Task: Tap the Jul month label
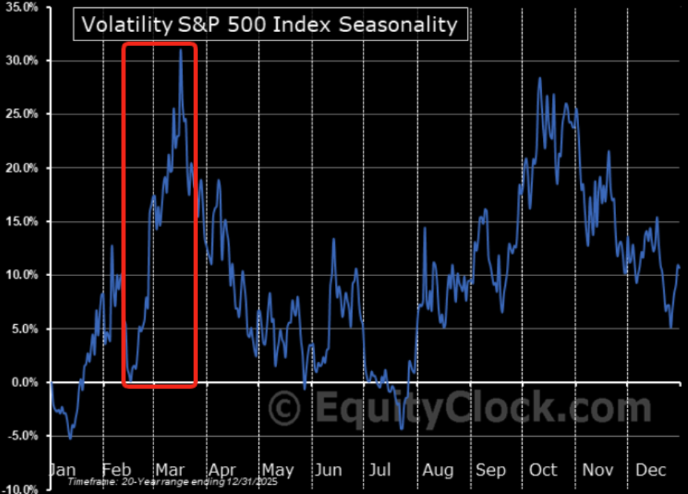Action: pos(380,470)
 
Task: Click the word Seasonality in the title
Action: pos(397,25)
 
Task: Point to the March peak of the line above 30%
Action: pos(181,50)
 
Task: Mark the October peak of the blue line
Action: pos(539,78)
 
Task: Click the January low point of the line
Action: pos(70,439)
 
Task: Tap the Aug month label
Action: pos(438,470)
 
